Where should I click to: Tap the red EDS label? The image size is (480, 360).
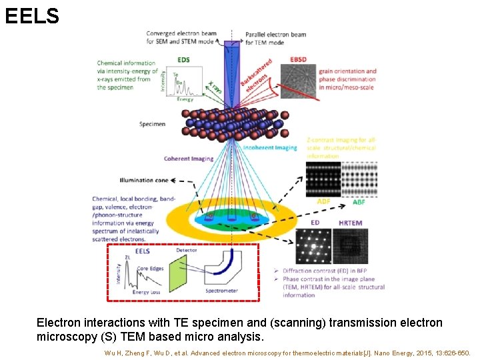183,60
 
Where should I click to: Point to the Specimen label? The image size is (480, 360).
153,124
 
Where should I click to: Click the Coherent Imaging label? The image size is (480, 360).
189,159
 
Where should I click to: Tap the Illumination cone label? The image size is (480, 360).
145,180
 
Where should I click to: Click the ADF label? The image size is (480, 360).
323,202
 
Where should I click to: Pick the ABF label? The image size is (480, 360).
359,202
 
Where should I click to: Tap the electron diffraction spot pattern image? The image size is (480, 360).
313,247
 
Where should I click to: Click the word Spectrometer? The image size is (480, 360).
221,291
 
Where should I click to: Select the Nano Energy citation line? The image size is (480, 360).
287,353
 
